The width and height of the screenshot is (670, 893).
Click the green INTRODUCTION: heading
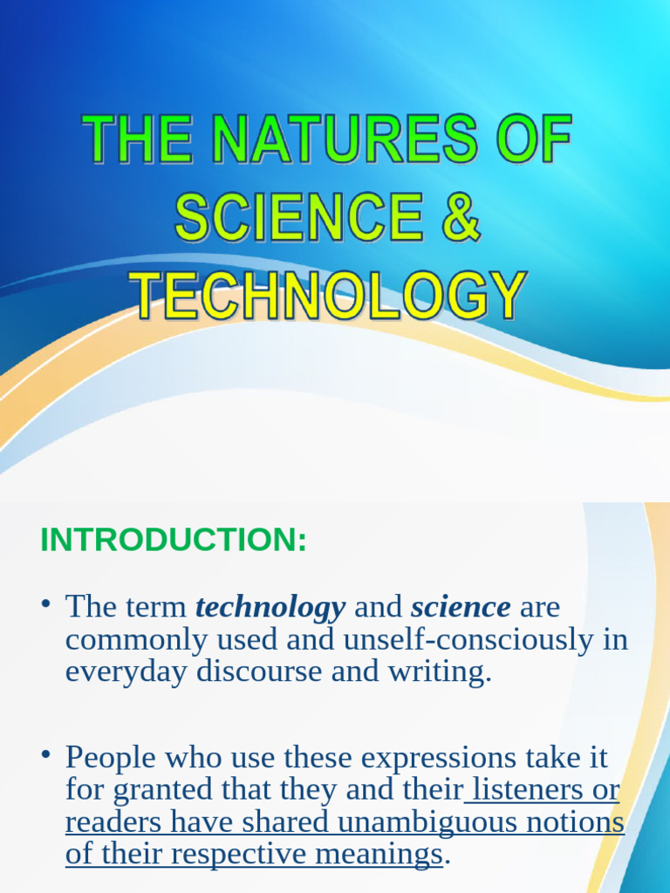174,541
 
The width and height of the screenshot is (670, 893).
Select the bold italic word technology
270,606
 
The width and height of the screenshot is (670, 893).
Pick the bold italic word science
461,606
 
